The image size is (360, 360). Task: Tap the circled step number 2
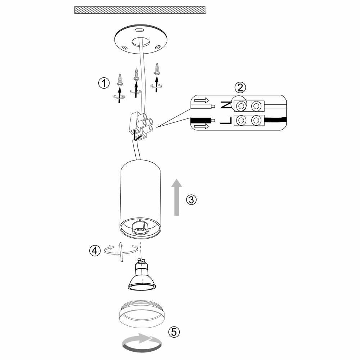(240, 87)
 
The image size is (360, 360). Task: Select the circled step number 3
(192, 199)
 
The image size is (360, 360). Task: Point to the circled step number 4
(95, 251)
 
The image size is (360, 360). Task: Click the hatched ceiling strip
(139, 10)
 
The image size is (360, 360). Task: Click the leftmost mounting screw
(120, 79)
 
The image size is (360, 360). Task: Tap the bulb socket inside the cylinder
(141, 229)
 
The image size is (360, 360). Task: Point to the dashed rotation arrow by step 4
(121, 250)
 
